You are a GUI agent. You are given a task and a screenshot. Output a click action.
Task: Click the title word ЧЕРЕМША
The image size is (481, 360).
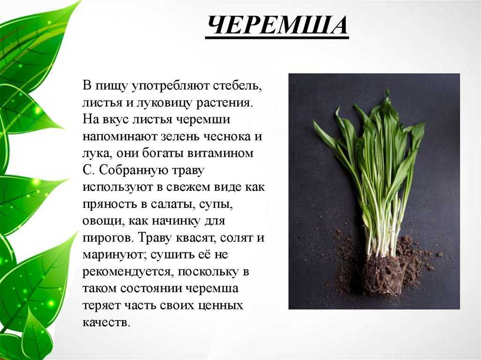tap(277, 25)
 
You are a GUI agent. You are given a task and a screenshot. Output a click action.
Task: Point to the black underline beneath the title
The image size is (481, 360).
tap(277, 38)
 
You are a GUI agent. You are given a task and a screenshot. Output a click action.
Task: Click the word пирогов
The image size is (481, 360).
tap(109, 237)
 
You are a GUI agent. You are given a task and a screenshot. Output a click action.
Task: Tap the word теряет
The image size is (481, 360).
tap(101, 305)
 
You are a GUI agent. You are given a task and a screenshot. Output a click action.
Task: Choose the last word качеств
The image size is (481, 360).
tap(107, 322)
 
